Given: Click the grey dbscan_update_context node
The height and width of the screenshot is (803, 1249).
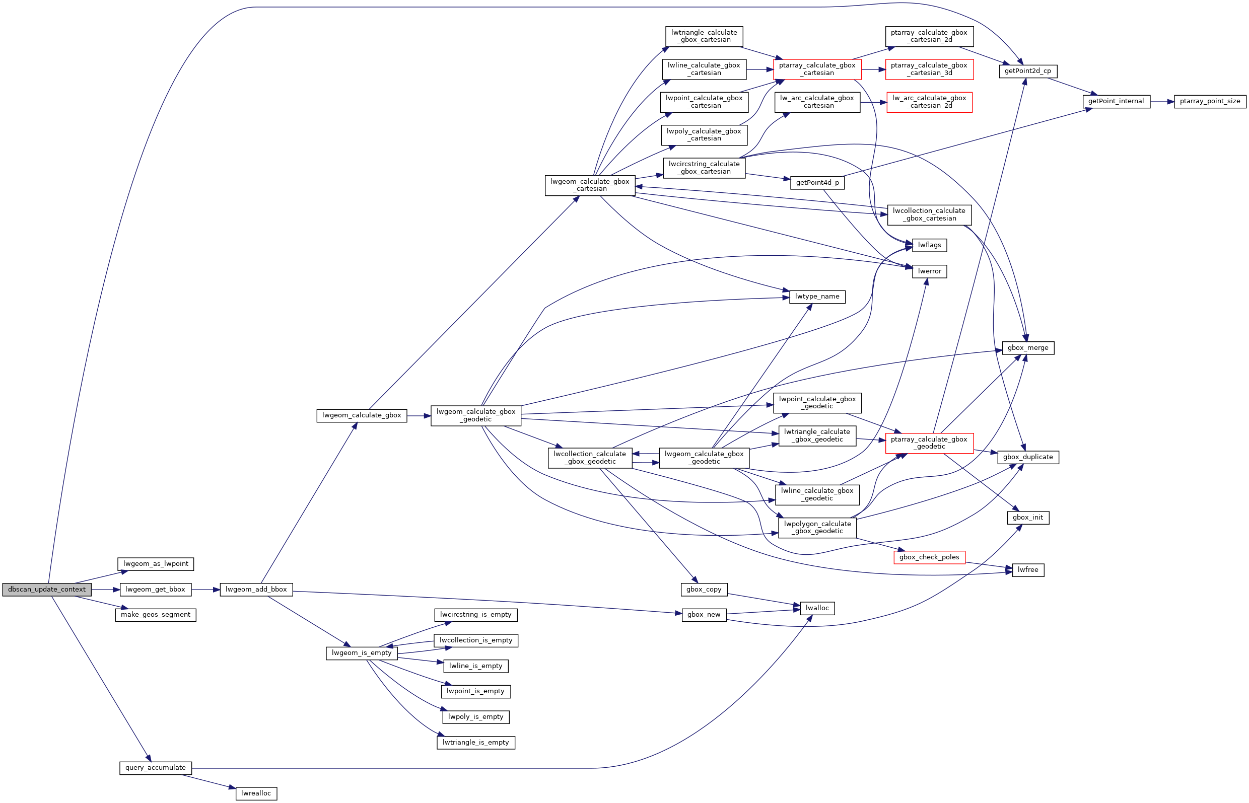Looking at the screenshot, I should tap(46, 589).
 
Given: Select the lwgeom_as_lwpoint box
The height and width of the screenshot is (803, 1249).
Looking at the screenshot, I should tap(156, 564).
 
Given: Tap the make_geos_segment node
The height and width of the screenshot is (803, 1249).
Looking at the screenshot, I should tap(156, 615).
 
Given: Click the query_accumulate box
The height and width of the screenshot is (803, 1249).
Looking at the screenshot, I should tap(156, 768).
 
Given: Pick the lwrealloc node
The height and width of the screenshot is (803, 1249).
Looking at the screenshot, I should tap(256, 793).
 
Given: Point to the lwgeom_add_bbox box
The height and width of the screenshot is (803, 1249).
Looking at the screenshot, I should tap(256, 589).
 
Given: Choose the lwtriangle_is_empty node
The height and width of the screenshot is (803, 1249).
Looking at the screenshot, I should tap(475, 742).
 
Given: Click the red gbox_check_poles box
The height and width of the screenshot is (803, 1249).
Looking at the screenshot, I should tap(929, 557).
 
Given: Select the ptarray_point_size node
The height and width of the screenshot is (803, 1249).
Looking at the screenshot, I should tap(1210, 101).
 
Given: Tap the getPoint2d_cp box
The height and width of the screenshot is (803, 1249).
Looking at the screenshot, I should tap(1027, 71).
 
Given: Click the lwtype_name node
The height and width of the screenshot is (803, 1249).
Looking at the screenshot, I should tap(817, 297).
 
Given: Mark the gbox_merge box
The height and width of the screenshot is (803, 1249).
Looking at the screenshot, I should tap(1027, 348).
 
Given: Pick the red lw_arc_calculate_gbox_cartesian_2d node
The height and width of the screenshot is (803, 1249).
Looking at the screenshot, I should tap(929, 102).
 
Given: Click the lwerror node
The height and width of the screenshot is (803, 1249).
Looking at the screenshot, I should tap(929, 271).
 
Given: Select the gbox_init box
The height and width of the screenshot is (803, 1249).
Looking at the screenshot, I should tap(1027, 517).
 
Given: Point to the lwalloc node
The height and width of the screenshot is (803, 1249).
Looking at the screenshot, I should tap(817, 608).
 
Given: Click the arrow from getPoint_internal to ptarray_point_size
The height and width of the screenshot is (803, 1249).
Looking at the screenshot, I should tap(1161, 102).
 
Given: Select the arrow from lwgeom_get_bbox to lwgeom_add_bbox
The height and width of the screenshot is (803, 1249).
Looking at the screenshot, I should tap(205, 590).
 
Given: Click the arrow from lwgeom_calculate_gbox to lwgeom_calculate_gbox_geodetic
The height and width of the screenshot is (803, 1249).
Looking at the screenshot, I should tap(418, 415).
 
